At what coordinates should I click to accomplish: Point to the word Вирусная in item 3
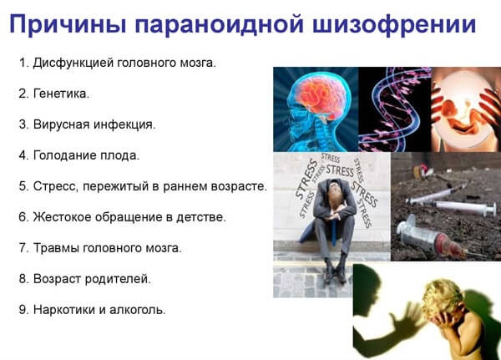point(59,124)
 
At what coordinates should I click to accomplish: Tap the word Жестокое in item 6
point(63,216)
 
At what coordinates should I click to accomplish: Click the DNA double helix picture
point(393,109)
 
